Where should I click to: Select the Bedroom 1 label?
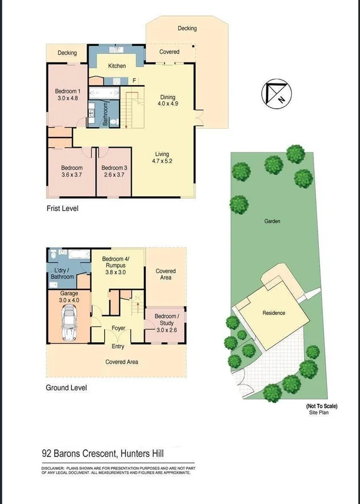point(68,95)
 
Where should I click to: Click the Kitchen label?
point(117,66)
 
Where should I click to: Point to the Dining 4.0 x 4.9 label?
point(168,101)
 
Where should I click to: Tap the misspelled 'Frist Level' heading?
point(62,208)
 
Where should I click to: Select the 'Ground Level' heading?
point(66,388)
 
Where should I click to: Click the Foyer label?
point(118,328)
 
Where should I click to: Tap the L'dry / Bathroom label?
point(62,273)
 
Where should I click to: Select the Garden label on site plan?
point(272,222)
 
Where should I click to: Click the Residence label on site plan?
point(274,313)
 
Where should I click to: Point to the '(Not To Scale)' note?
point(321,406)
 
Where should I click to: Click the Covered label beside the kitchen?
point(169,52)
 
